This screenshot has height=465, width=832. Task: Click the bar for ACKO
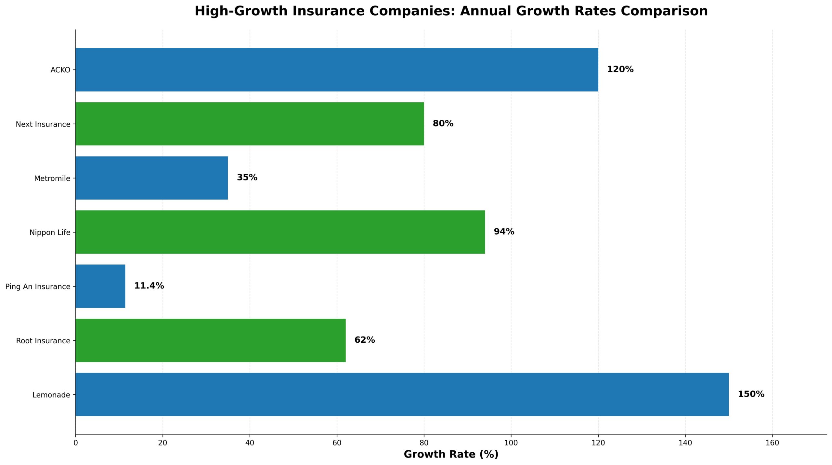[x=337, y=70]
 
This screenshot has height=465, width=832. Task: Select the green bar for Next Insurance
[x=250, y=124]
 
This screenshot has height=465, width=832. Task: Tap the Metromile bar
[x=152, y=178]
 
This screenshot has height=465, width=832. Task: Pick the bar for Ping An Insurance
[x=100, y=286]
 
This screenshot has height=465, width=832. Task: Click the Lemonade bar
[x=402, y=394]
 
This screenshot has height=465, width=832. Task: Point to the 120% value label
[x=620, y=69]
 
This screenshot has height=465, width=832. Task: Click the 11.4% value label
[x=149, y=286]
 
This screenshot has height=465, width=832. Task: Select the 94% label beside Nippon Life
[x=504, y=232]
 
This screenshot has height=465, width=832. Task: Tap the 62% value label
[x=364, y=340]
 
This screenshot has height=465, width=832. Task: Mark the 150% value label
[x=751, y=394]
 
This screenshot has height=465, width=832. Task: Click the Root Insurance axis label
[x=43, y=341]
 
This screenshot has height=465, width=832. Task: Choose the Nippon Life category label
[x=50, y=232]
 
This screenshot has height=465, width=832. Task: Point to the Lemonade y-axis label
[x=51, y=395]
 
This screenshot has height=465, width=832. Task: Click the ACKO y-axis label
[x=60, y=70]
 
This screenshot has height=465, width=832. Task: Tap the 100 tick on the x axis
[x=511, y=443]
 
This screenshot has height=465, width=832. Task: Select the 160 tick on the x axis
[x=772, y=443]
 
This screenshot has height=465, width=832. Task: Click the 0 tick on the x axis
[x=76, y=443]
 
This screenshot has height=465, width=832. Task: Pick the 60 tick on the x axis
[x=337, y=443]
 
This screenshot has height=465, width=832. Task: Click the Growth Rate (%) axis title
[x=451, y=454]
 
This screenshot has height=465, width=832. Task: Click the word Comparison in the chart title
[x=664, y=11]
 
